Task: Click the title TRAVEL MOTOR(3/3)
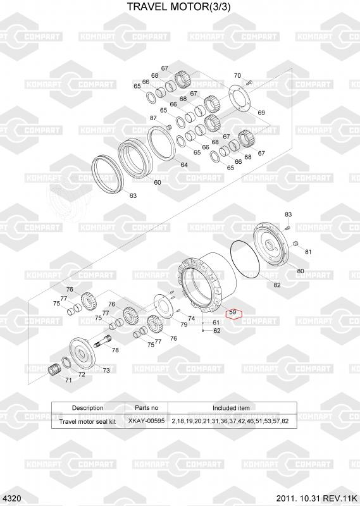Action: click(178, 6)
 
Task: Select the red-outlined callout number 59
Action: click(232, 312)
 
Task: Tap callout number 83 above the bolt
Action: click(289, 214)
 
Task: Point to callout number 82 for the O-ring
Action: click(277, 285)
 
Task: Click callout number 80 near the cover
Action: click(301, 271)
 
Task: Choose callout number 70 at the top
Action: click(237, 75)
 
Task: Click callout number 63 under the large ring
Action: click(133, 195)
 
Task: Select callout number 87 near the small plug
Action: click(153, 118)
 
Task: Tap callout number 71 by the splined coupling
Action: click(68, 380)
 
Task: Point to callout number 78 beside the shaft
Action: click(115, 350)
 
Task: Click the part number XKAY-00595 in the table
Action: click(146, 421)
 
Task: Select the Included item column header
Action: click(231, 408)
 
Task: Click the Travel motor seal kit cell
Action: click(87, 421)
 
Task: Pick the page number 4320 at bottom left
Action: click(13, 498)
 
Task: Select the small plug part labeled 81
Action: click(294, 243)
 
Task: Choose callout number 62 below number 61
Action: click(217, 330)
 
